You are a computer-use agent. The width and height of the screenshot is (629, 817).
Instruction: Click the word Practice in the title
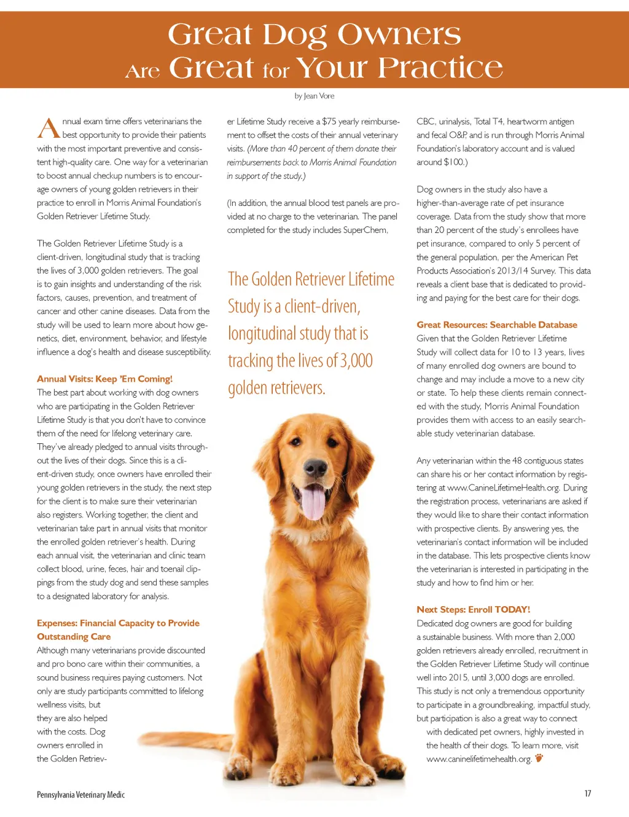click(x=440, y=68)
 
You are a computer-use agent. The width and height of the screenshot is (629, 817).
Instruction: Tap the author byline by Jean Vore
click(x=314, y=96)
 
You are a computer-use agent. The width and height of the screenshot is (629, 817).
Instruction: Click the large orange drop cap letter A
click(x=48, y=128)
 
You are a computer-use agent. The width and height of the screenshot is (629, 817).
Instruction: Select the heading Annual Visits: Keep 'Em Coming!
click(x=104, y=379)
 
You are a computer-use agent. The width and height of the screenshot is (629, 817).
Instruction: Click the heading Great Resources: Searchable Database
click(x=497, y=325)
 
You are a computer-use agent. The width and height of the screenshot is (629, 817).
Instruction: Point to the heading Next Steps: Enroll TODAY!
click(x=473, y=609)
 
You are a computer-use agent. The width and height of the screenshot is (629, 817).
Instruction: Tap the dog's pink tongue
click(x=313, y=501)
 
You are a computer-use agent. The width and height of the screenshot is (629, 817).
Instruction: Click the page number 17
click(x=587, y=794)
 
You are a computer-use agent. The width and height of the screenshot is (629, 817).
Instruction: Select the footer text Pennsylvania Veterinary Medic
click(x=80, y=795)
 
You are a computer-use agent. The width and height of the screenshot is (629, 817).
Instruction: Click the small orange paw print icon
click(x=539, y=758)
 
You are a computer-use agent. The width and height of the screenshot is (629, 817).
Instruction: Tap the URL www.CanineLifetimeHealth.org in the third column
click(x=503, y=487)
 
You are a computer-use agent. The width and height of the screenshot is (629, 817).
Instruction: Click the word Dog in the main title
click(x=294, y=36)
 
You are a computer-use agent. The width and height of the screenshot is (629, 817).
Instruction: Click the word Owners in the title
click(x=399, y=34)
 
